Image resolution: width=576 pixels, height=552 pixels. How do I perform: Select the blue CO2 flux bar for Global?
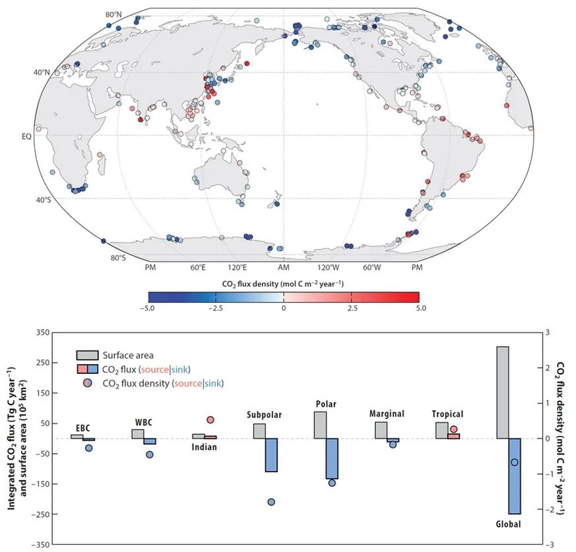(515, 475)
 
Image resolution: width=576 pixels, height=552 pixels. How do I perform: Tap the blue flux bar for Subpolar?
(272, 455)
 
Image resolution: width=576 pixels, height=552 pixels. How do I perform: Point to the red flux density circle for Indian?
(210, 419)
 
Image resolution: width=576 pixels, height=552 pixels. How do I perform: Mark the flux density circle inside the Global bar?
(515, 462)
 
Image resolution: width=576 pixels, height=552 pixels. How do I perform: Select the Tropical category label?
(447, 414)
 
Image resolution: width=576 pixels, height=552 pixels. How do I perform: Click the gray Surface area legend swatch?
(88, 355)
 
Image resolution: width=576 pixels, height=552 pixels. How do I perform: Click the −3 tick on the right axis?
(548, 544)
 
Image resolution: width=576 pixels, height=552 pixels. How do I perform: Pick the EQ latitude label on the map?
(26, 136)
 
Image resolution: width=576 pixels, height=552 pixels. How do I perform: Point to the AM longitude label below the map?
(284, 268)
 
